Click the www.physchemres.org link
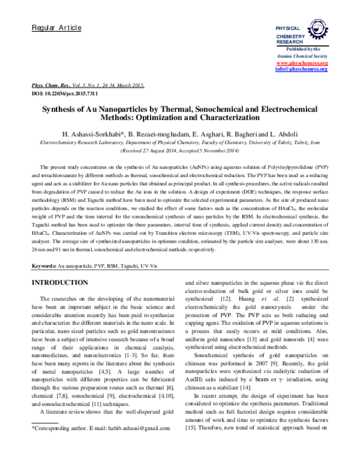[x=301, y=63]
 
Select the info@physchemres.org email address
[x=301, y=70]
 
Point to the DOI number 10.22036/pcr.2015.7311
[x=71, y=95]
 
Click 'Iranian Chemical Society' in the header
[x=301, y=56]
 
